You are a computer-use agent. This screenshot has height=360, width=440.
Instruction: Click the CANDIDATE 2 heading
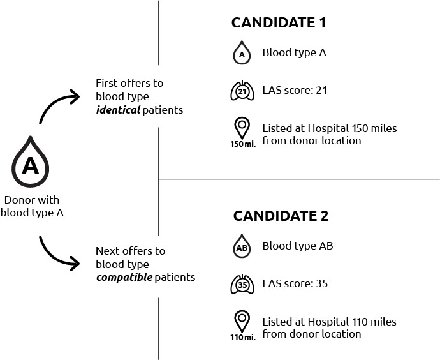coord(281,216)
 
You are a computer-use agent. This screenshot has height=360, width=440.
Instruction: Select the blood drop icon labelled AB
coord(242,247)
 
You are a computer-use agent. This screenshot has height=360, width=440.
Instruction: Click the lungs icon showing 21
coord(242,91)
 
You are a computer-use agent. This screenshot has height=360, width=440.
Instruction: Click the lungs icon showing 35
coord(242,284)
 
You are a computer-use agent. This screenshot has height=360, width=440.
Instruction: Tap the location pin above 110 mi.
coord(242,320)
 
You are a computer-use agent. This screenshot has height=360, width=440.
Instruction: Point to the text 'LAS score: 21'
coord(295,91)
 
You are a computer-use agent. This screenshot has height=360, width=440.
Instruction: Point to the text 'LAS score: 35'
coord(295,283)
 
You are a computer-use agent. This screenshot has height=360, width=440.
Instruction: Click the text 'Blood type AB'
coord(297,246)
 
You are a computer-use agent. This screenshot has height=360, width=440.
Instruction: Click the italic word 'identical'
coord(117,110)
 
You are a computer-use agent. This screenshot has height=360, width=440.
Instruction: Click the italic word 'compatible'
coord(124,278)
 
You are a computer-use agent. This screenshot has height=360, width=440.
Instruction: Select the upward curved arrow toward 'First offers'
coord(59,105)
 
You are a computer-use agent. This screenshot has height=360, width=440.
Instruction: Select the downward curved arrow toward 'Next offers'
coord(59,252)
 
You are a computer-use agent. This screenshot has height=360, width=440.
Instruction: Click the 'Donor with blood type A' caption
coord(32,206)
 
